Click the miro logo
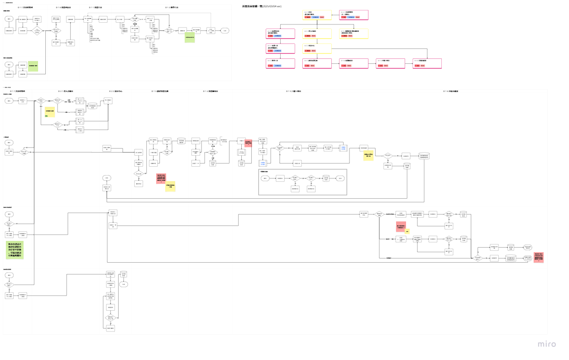[x=547, y=344]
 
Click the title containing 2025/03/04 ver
[x=262, y=6]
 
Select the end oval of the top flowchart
[x=225, y=31]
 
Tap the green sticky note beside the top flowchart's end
[x=190, y=38]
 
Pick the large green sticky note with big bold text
[x=15, y=250]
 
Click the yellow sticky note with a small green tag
[x=50, y=112]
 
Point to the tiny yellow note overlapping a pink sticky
[x=407, y=231]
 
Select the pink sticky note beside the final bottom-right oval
[x=539, y=257]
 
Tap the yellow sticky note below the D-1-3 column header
[x=170, y=187]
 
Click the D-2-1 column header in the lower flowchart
[x=66, y=91]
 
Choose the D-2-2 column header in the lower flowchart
[x=115, y=91]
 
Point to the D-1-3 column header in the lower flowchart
[x=160, y=91]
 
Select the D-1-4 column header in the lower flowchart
[x=210, y=91]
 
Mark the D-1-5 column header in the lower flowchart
[x=293, y=91]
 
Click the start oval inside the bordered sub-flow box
[x=265, y=178]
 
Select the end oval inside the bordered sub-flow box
[x=340, y=178]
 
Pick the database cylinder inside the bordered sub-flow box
[x=326, y=178]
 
